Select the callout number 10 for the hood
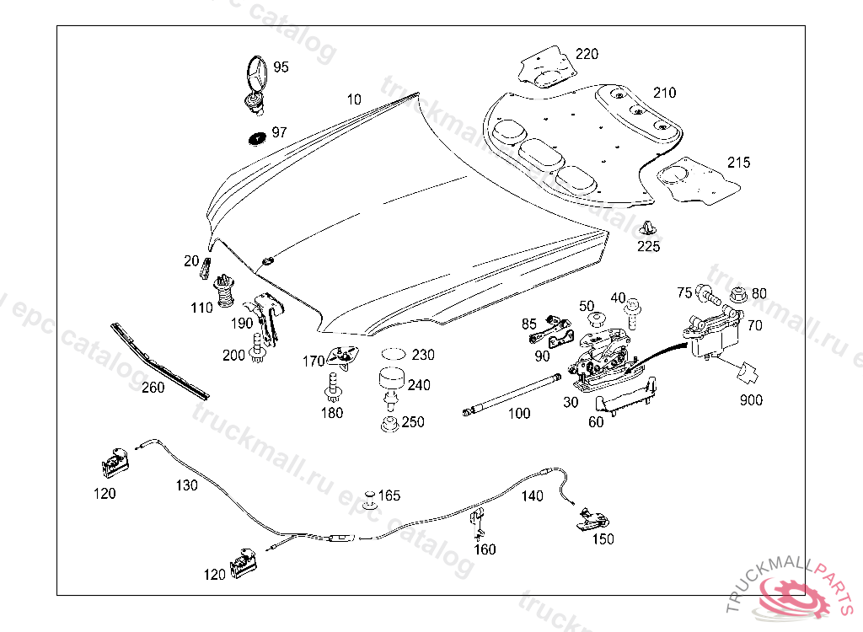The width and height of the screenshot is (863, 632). (354, 99)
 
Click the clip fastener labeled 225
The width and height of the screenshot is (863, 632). (648, 228)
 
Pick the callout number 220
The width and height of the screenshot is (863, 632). (587, 54)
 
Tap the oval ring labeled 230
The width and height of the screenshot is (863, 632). (392, 354)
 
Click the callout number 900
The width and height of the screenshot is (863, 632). (751, 399)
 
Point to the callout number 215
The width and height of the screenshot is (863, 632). (738, 162)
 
